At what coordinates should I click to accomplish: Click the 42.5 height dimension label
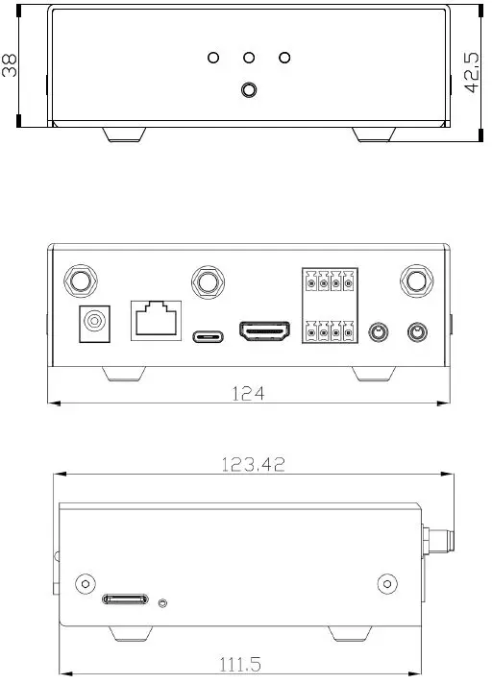[x=473, y=73]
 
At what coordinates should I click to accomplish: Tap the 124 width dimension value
[x=248, y=393]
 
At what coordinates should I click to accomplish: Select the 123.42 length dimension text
[x=253, y=464]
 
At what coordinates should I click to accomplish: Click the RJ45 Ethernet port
[x=156, y=318]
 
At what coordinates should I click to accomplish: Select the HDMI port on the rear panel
[x=265, y=333]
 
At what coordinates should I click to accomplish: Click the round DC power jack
[x=94, y=324]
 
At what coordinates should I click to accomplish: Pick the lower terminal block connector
[x=329, y=331]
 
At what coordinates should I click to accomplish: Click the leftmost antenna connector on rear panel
[x=80, y=281]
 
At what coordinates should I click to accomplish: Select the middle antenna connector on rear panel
[x=207, y=281]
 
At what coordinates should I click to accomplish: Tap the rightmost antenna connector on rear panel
[x=416, y=281]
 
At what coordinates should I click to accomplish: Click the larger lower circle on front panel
[x=249, y=90]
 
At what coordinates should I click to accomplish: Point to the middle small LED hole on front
[x=249, y=58]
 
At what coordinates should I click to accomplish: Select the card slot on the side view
[x=127, y=600]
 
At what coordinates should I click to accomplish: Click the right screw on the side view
[x=387, y=583]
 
